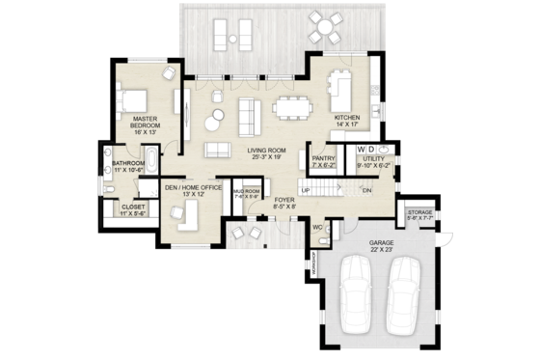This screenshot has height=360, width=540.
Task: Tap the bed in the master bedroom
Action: (132, 98)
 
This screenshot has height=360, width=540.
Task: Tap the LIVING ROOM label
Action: (267, 152)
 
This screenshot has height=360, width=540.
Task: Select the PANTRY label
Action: (322, 158)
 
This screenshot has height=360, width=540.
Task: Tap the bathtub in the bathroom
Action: (152, 159)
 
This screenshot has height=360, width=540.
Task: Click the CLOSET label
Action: (132, 207)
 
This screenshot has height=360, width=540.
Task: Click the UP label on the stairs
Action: (306, 190)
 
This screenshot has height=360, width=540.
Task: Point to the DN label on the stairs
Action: (366, 191)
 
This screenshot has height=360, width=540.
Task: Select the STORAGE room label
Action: (418, 211)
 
